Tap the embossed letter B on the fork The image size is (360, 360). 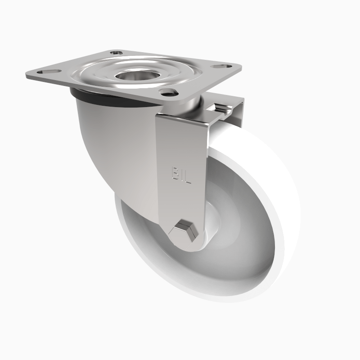point(175,174)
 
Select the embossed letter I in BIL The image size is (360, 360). point(181,175)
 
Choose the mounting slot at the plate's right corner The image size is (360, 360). point(219,67)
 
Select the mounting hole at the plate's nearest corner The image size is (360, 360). point(168,92)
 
